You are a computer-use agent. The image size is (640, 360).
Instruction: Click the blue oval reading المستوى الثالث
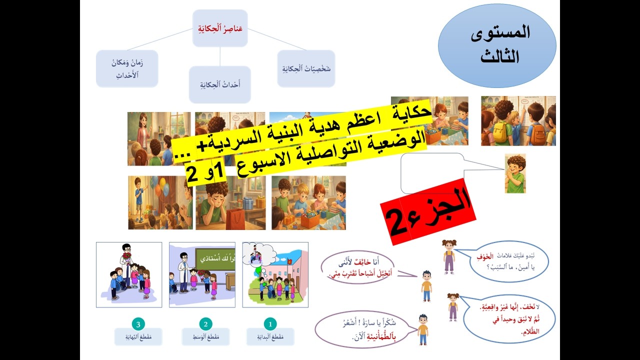pyautogui.click(x=497, y=45)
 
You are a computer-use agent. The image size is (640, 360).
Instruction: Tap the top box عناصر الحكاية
pyautogui.click(x=220, y=28)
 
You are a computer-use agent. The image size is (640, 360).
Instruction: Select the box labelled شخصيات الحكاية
pyautogui.click(x=305, y=68)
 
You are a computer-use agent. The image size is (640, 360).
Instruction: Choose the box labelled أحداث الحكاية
pyautogui.click(x=219, y=84)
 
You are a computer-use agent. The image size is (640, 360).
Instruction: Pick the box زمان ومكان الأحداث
pyautogui.click(x=127, y=68)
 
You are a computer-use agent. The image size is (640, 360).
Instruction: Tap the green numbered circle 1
pyautogui.click(x=269, y=323)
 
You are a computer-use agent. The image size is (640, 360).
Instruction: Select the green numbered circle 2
pyautogui.click(x=205, y=323)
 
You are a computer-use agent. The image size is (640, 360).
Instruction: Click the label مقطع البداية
pyautogui.click(x=270, y=336)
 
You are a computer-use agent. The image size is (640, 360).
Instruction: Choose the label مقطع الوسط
pyautogui.click(x=205, y=336)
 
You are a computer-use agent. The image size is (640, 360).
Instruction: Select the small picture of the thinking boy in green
pyautogui.click(x=515, y=173)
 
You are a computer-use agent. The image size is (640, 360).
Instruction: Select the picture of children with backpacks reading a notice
pyautogui.click(x=518, y=121)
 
